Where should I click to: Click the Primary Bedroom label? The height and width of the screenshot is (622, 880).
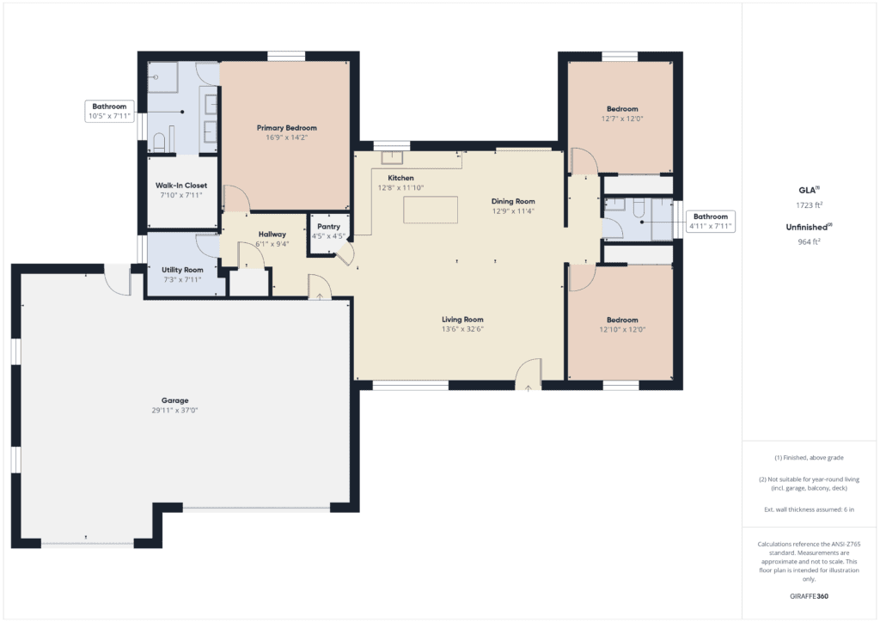click(x=287, y=128)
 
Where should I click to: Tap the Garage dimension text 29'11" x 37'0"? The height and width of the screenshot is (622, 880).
click(x=174, y=411)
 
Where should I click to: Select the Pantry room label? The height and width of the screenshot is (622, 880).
click(x=329, y=227)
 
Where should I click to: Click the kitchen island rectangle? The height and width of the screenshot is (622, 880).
click(x=431, y=210)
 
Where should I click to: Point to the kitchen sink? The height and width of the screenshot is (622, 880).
click(x=392, y=157)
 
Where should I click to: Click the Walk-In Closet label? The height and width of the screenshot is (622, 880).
click(x=181, y=186)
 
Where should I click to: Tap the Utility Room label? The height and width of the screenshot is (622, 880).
click(x=182, y=270)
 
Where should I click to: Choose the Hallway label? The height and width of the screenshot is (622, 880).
click(x=272, y=235)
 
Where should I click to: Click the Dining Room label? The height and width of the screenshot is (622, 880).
click(x=513, y=201)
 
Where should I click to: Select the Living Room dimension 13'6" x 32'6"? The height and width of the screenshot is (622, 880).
click(x=462, y=329)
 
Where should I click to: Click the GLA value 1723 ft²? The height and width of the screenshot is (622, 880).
click(x=810, y=204)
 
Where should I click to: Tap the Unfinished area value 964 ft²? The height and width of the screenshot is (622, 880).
click(x=810, y=241)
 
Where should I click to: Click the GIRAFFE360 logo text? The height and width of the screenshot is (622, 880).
click(x=809, y=596)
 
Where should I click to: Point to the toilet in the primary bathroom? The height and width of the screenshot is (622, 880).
click(x=158, y=142)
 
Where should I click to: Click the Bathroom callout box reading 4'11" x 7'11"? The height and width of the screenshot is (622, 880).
click(x=711, y=222)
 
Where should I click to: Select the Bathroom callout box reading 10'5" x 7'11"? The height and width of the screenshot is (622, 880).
click(x=109, y=111)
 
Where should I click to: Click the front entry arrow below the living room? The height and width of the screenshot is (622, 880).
click(x=529, y=387)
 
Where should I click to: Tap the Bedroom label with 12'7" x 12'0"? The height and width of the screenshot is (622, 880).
click(x=622, y=109)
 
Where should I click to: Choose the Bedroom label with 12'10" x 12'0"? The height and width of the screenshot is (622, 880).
click(x=622, y=320)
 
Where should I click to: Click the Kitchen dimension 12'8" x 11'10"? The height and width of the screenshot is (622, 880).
click(x=400, y=188)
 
